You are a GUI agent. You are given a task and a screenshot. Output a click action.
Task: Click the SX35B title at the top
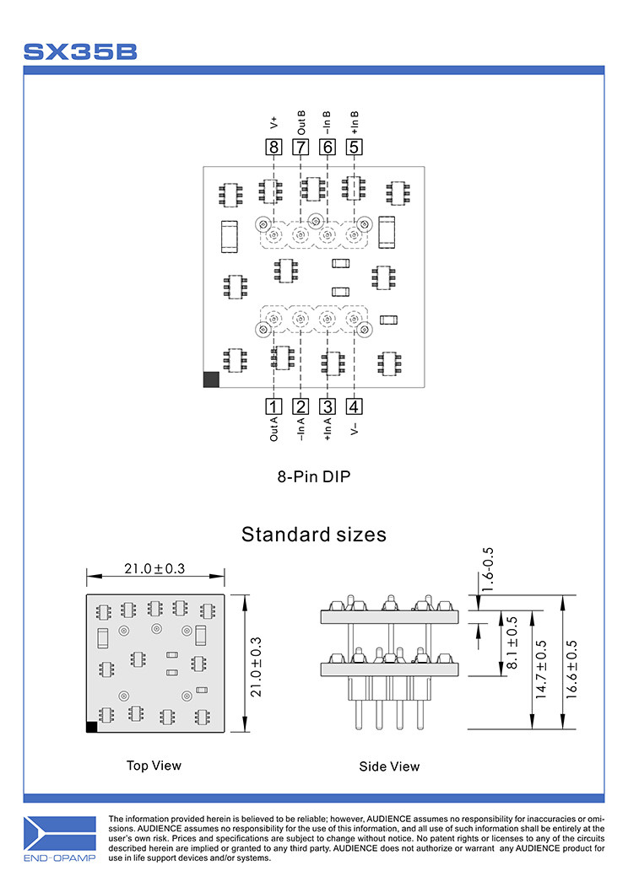(x=80, y=51)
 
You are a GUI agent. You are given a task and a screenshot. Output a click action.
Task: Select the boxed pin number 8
(x=273, y=148)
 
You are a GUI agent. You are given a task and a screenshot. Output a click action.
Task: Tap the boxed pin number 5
(x=355, y=148)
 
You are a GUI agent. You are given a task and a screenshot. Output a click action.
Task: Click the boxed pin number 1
(x=273, y=406)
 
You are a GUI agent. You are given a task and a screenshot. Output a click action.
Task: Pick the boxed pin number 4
(x=355, y=406)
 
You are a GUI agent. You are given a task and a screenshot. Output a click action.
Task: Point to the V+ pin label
(x=273, y=123)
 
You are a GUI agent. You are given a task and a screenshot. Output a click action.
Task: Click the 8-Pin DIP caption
(x=313, y=476)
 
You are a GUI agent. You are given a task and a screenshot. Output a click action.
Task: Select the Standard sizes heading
(x=313, y=535)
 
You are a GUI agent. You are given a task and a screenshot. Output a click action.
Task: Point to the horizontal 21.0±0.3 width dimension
(x=154, y=569)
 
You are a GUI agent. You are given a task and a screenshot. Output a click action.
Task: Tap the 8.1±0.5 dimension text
(x=512, y=643)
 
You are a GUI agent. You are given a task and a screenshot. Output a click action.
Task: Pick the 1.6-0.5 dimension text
(x=488, y=569)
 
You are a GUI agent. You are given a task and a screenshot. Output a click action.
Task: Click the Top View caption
(x=154, y=766)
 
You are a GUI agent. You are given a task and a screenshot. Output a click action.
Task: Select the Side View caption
(x=389, y=766)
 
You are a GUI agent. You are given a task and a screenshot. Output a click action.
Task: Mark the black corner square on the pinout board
(x=211, y=380)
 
